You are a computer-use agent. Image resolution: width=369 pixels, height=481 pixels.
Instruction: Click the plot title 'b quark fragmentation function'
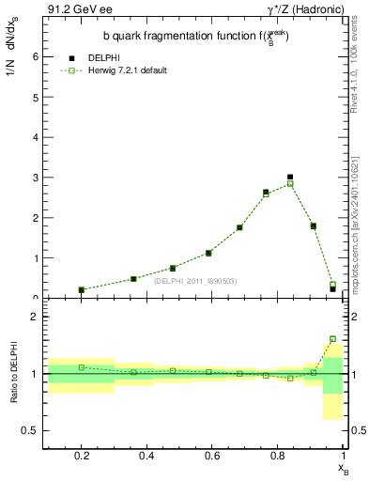[194, 37]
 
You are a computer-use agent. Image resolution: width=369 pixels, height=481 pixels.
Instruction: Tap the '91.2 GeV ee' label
[70, 9]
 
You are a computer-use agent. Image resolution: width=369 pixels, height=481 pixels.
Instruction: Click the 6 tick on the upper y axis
[36, 56]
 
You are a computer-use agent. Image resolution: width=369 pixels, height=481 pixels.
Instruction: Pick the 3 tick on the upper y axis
[36, 178]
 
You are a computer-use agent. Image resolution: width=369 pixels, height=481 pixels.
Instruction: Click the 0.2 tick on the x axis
[82, 458]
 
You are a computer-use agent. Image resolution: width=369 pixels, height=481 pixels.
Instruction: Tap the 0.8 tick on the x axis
[279, 458]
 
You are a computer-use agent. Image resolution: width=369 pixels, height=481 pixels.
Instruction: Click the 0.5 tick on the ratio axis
[32, 431]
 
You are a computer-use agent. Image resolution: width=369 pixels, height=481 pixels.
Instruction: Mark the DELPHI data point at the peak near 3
[290, 177]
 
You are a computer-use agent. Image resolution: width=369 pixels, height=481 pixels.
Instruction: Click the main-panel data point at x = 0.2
[82, 290]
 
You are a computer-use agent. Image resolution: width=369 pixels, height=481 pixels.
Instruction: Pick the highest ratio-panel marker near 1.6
[332, 339]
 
